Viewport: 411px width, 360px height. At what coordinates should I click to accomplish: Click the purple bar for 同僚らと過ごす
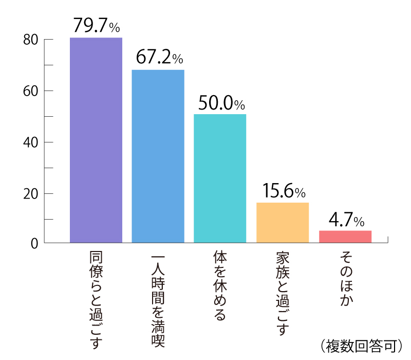coord(96,140)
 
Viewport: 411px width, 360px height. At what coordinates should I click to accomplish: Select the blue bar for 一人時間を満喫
coord(158,156)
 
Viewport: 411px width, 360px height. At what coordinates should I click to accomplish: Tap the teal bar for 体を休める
coord(220,178)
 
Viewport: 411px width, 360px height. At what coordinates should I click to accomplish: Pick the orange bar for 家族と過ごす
coord(283,222)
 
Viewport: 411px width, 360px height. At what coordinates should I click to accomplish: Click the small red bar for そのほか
coord(345,237)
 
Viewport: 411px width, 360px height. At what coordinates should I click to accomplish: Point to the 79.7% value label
coord(96,25)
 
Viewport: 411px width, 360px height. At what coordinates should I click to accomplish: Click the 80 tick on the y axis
coord(31,40)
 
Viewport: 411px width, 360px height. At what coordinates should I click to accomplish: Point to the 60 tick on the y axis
coord(31,91)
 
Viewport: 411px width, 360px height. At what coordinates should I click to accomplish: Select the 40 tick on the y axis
coord(31,142)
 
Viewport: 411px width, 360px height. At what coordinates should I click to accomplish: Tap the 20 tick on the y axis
coord(31,194)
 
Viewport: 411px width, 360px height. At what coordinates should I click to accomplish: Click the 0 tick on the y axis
coord(34,243)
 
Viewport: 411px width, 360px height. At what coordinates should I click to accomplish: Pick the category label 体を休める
coord(220,285)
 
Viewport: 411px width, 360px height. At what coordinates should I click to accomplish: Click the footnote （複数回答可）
coord(359,346)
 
